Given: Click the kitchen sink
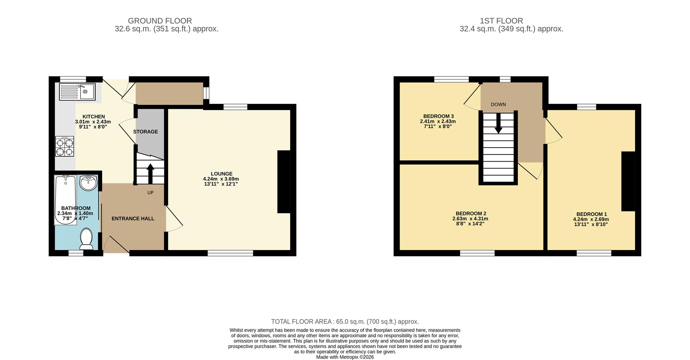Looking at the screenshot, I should (x=77, y=92).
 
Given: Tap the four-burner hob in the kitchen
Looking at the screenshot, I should (x=65, y=147).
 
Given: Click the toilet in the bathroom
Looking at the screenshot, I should (x=86, y=239).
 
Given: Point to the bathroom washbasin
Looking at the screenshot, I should (x=88, y=183).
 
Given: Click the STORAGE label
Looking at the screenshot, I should (x=146, y=132).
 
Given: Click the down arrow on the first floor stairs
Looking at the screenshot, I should (x=498, y=125).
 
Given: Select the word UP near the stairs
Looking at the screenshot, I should (x=150, y=193).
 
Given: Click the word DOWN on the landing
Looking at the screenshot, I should (x=498, y=105).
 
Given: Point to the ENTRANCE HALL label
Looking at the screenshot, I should (x=133, y=218).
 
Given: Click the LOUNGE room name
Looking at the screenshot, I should (x=221, y=174).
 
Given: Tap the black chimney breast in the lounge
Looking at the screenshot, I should (x=284, y=182).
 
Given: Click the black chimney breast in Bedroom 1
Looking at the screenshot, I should (x=628, y=181).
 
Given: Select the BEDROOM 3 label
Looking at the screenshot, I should (x=438, y=116).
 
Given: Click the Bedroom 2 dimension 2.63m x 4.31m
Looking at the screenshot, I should (x=470, y=218).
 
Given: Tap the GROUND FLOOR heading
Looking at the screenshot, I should (x=160, y=21).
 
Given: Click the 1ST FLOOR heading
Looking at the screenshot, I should (x=501, y=21).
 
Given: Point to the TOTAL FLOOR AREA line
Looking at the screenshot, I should (x=345, y=322).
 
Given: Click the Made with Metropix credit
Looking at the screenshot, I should (x=345, y=357).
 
